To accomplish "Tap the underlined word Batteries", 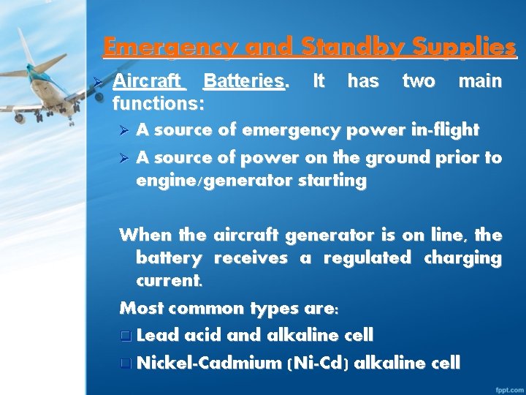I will point(245,80).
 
